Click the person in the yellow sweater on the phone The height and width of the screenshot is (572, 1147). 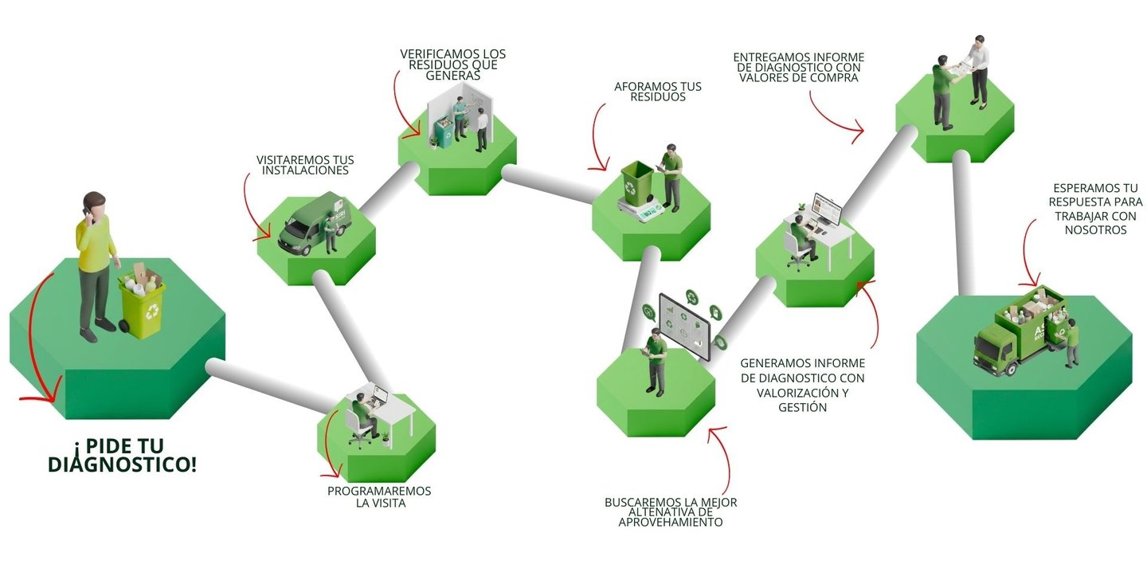[94, 263]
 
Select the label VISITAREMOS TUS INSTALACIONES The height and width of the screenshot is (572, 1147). [304, 165]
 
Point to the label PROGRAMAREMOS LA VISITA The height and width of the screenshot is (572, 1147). [379, 496]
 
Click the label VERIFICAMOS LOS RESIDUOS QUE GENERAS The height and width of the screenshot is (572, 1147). [452, 65]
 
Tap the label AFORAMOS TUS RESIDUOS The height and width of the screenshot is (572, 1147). [658, 91]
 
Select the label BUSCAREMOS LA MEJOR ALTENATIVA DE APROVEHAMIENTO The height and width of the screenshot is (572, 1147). [671, 512]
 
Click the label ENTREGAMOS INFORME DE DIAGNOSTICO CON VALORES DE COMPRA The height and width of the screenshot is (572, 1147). [798, 68]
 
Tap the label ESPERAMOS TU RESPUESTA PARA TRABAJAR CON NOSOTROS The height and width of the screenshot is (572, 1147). [1095, 209]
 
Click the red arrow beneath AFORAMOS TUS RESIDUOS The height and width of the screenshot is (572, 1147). [597, 139]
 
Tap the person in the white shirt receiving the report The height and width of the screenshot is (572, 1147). [979, 72]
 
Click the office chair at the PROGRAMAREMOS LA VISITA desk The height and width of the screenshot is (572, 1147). [358, 430]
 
